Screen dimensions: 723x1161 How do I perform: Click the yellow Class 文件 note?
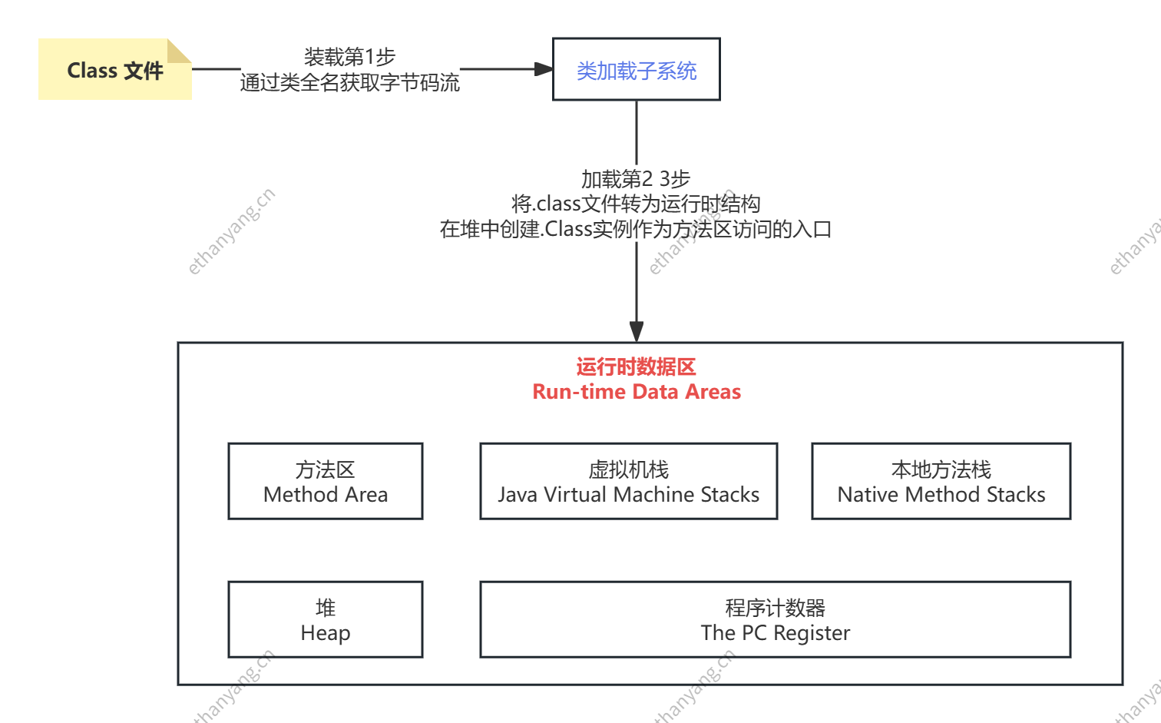coord(114,70)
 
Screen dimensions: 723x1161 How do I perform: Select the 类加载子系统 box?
coord(636,70)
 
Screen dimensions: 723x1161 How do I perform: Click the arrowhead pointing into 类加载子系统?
coord(544,69)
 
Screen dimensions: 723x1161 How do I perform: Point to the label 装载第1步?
coord(349,57)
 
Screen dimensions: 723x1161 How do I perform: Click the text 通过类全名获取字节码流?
coord(349,82)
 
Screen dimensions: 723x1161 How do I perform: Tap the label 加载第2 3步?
coord(636,179)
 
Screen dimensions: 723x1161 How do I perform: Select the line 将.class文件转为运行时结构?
coord(636,204)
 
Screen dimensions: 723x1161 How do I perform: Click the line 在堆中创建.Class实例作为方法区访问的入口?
coord(636,229)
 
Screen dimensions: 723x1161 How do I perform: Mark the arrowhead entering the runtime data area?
coord(636,331)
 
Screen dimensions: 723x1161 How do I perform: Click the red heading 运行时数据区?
coord(636,366)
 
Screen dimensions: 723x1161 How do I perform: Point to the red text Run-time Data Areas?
coord(636,392)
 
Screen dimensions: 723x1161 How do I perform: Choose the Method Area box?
coord(326,482)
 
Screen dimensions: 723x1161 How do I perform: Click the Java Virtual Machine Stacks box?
coord(628,482)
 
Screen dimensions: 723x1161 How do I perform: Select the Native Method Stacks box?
coord(941,482)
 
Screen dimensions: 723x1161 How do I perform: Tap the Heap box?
coord(326,620)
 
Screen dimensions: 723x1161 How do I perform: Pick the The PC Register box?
coord(775,620)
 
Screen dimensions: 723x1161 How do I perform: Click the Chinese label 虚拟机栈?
coord(628,469)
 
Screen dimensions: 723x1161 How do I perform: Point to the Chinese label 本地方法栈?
coord(941,469)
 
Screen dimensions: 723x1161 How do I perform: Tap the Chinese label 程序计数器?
coord(775,608)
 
